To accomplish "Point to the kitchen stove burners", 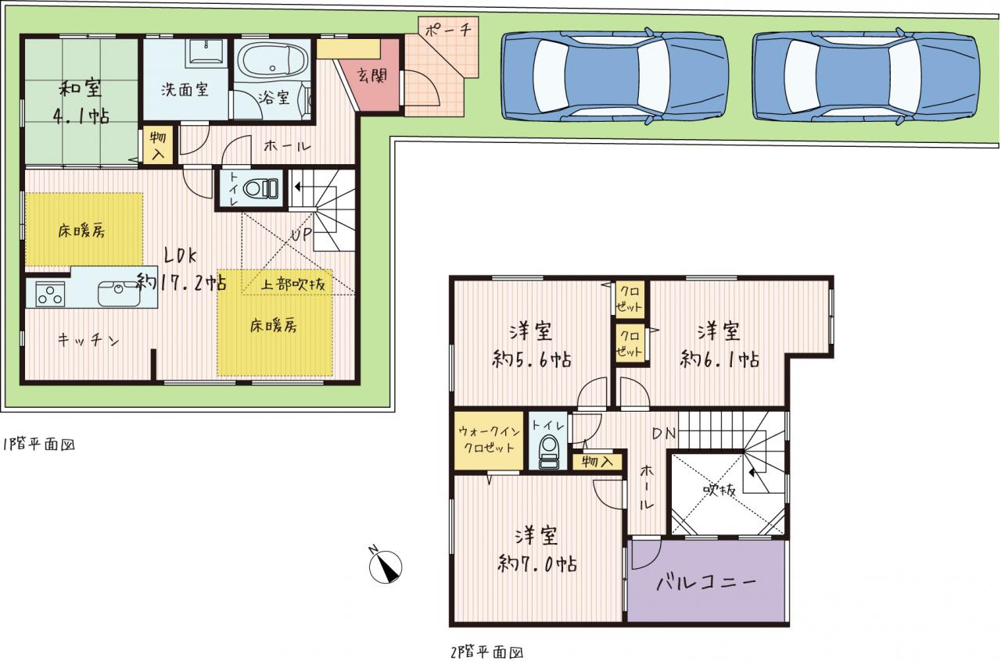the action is click(49, 295).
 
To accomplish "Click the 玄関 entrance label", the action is click(372, 76).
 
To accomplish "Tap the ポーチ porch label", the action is click(448, 30).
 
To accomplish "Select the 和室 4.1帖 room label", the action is click(81, 102).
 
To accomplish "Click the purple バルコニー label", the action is click(706, 582).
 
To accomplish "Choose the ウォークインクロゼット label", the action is click(490, 440).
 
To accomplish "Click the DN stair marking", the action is click(664, 433).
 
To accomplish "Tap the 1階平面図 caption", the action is click(39, 445).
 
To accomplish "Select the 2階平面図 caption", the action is click(487, 652).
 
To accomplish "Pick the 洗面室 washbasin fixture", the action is click(206, 52).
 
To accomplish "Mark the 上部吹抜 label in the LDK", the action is click(293, 284).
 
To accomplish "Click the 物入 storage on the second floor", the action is click(597, 461).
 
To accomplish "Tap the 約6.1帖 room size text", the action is click(719, 359).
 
